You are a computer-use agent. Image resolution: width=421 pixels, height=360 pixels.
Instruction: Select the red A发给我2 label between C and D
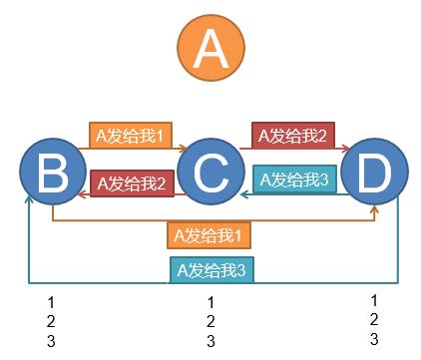[291, 135]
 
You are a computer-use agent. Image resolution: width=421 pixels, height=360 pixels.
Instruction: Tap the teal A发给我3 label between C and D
[293, 180]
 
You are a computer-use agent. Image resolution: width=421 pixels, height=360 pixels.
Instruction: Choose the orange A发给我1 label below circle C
[210, 235]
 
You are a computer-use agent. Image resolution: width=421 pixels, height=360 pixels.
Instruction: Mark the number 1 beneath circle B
[51, 301]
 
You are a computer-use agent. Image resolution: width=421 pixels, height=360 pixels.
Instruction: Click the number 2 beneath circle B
[51, 321]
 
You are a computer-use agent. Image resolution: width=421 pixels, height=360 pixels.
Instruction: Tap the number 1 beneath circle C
[210, 301]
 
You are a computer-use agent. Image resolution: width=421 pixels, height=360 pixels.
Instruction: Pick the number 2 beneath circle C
[210, 321]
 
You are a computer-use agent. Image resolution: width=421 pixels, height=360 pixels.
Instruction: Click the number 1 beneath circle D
[374, 299]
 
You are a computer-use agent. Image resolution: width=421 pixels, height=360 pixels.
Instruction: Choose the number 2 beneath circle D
[374, 319]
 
